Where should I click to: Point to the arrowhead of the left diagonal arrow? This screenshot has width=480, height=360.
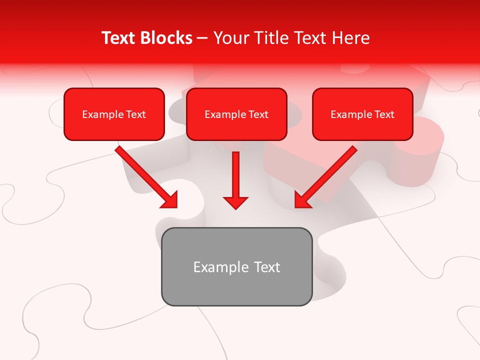pyautogui.click(x=172, y=202)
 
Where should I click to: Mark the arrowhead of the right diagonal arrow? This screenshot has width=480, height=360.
pyautogui.click(x=300, y=202)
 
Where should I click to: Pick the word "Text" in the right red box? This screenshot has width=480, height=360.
pyautogui.click(x=384, y=114)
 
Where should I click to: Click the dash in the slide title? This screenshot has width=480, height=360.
pyautogui.click(x=202, y=38)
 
